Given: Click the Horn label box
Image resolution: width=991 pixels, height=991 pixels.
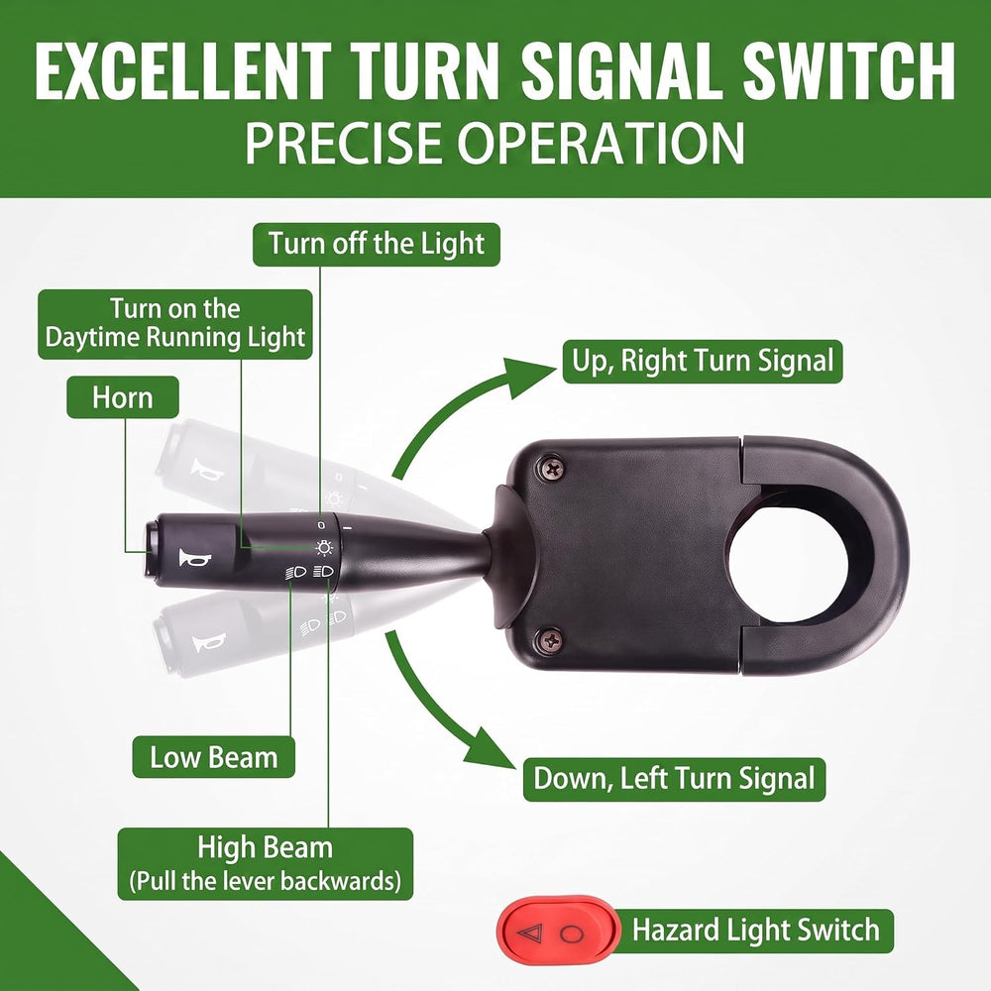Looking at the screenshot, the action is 123,397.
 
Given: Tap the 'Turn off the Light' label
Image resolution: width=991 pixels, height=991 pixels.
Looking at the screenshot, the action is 376,244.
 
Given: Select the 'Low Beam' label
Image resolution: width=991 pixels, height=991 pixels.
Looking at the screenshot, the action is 214,756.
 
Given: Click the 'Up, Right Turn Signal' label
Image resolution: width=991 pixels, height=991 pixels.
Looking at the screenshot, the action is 703,362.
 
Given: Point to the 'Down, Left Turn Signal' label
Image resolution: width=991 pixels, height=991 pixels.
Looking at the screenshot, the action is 674,779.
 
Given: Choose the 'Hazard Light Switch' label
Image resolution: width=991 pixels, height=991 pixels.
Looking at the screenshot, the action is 756,931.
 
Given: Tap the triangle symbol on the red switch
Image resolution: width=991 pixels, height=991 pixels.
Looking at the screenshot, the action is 529,933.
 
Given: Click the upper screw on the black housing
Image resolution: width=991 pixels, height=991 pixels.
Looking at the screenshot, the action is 553,469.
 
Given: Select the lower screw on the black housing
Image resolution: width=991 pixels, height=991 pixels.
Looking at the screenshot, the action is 550,640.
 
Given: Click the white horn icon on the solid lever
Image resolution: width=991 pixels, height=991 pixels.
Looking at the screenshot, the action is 194,559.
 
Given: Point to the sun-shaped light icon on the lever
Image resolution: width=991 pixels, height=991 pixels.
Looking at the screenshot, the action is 324,547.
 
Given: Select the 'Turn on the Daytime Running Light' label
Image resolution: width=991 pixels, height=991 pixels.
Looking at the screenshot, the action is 175,324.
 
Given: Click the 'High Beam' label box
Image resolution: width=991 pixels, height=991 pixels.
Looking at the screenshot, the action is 266,864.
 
